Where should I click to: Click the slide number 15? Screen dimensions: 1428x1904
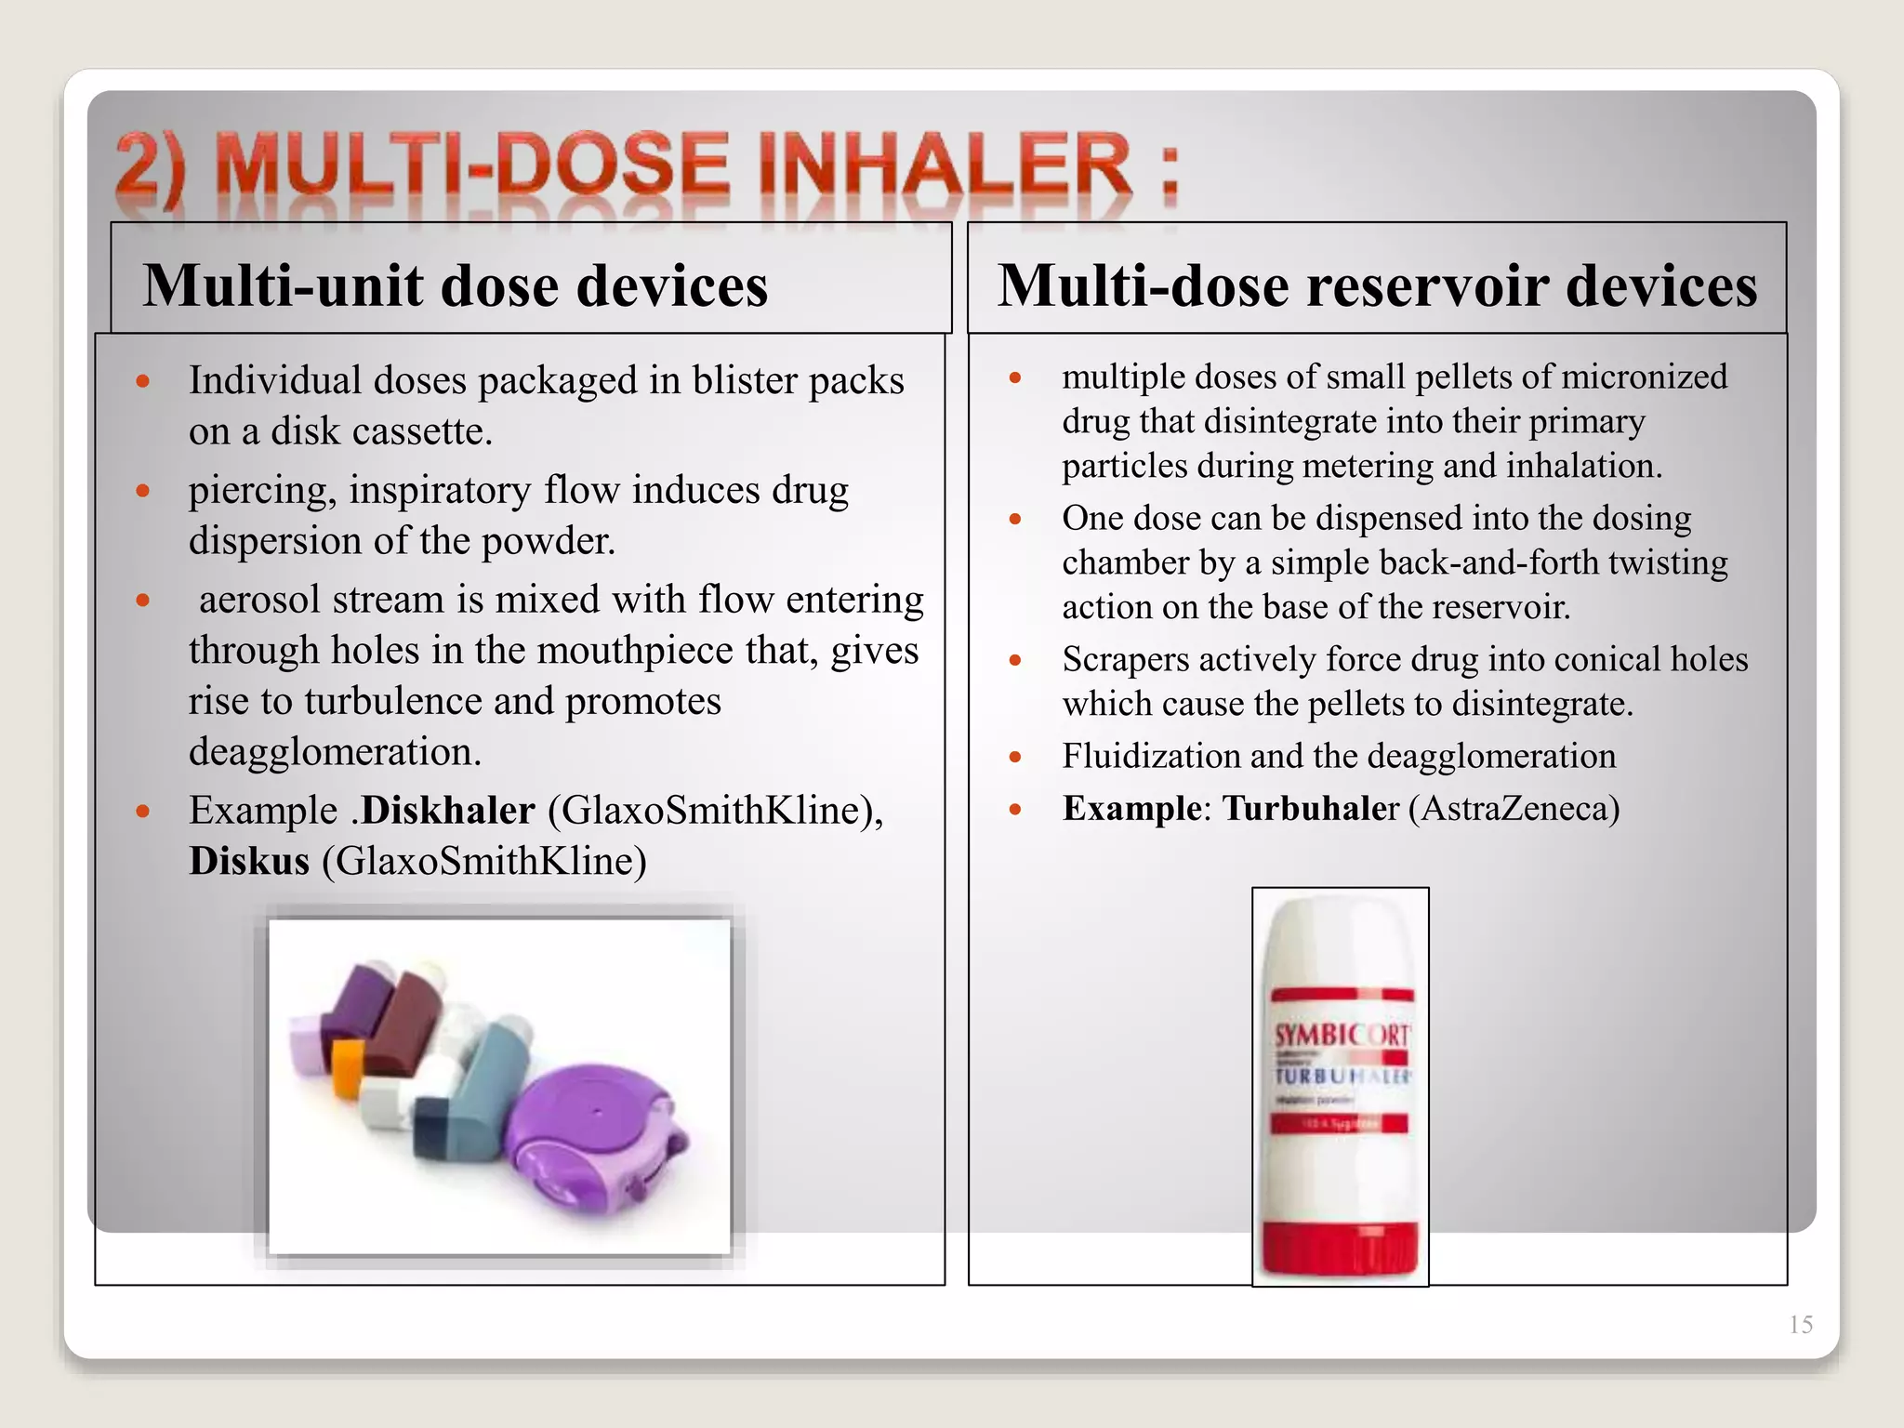click(x=1800, y=1325)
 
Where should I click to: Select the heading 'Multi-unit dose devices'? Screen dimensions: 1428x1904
click(x=456, y=285)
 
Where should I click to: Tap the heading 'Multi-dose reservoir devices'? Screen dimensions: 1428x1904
click(x=1378, y=285)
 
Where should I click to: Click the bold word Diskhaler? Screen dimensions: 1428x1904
click(x=448, y=811)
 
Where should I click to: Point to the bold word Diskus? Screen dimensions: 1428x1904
click(x=249, y=861)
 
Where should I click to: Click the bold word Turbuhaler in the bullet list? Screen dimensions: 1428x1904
click(x=1310, y=809)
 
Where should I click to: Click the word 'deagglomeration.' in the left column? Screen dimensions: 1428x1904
click(x=335, y=751)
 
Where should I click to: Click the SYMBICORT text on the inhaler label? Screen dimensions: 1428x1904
click(x=1341, y=1035)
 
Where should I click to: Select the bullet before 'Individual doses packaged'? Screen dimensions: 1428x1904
click(x=143, y=381)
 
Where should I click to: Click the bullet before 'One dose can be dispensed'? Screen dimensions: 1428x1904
click(x=1015, y=519)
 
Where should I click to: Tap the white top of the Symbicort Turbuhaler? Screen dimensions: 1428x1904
click(x=1339, y=939)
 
